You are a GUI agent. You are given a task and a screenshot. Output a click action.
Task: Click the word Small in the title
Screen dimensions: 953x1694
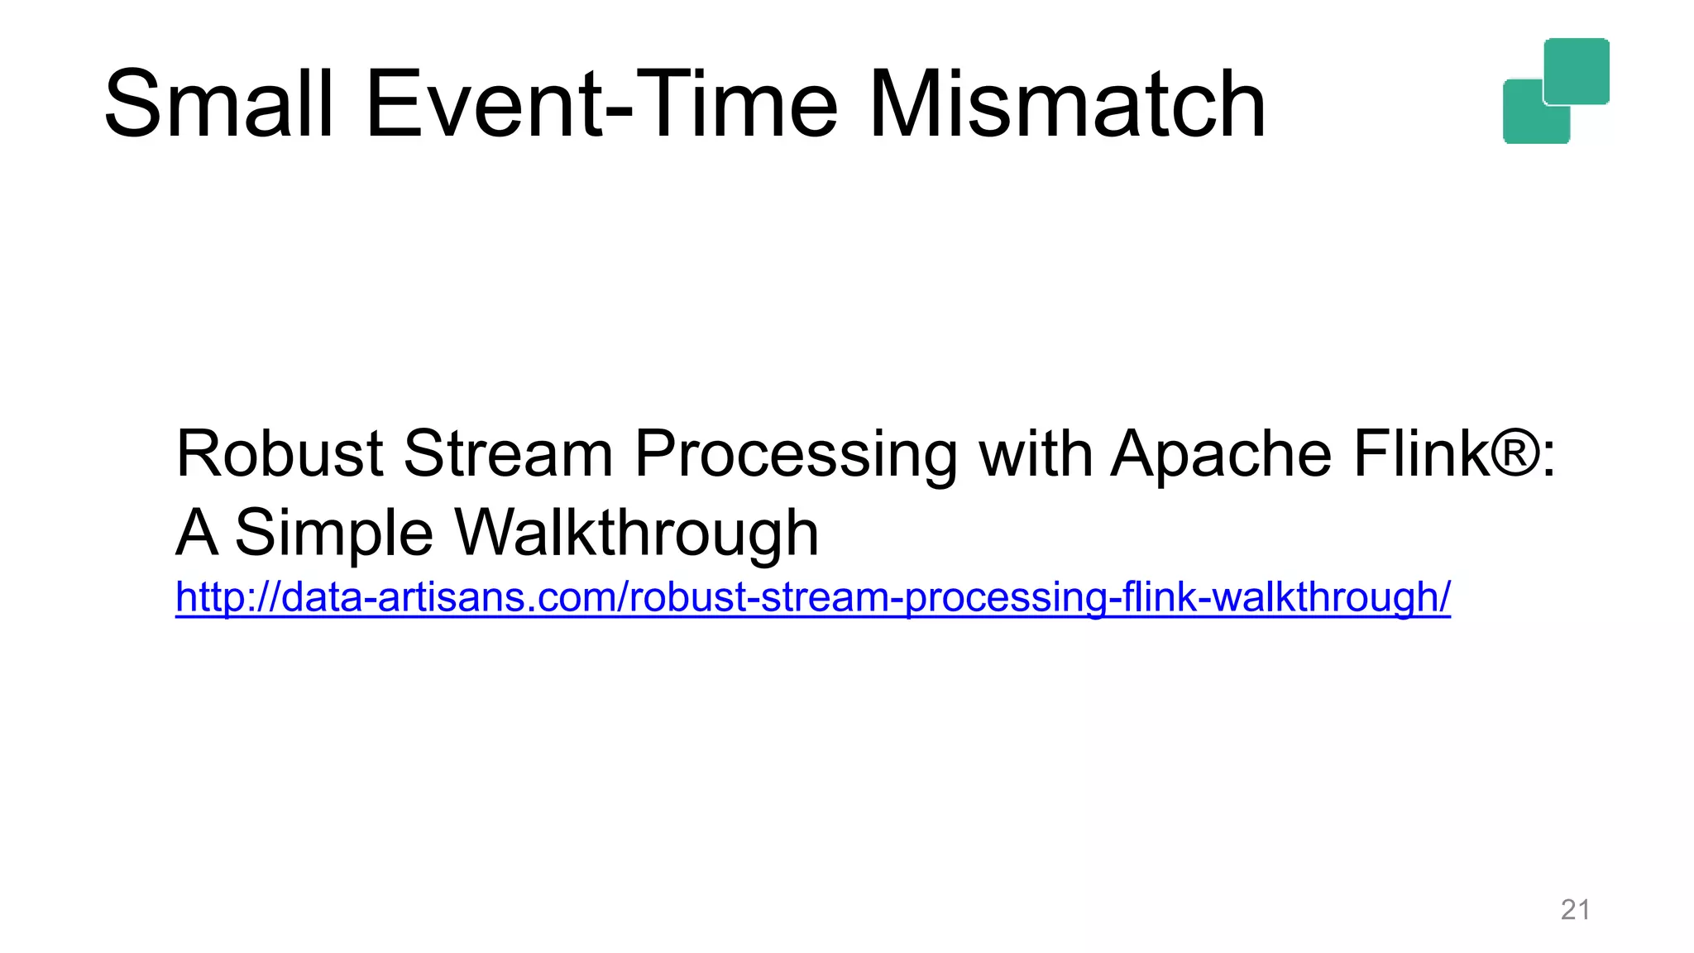pos(218,105)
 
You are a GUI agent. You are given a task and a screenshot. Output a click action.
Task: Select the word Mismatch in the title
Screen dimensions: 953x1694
pos(1067,105)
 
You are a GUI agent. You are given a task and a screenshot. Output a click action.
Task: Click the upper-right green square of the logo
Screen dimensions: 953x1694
pos(1577,70)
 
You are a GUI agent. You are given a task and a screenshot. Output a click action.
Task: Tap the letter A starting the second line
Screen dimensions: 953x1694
pos(197,533)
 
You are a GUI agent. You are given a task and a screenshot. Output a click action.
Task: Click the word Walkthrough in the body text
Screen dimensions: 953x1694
pos(637,534)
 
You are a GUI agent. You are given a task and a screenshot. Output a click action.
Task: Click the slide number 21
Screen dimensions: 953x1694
pos(1575,910)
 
